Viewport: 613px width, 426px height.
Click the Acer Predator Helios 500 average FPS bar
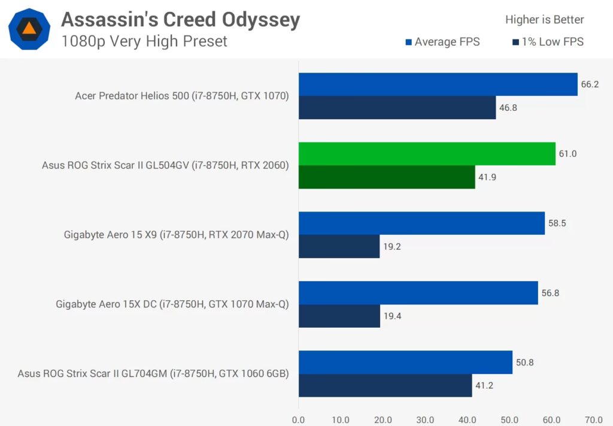click(x=438, y=84)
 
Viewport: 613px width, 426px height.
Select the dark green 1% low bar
click(x=387, y=177)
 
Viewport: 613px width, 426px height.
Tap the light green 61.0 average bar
click(x=427, y=154)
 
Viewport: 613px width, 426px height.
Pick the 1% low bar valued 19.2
click(x=339, y=246)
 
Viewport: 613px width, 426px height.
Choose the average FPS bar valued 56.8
click(x=418, y=293)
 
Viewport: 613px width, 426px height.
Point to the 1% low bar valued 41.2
click(x=385, y=385)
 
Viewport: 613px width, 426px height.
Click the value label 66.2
click(x=590, y=84)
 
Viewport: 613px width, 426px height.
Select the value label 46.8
click(x=508, y=108)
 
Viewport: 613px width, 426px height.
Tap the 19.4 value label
click(x=392, y=316)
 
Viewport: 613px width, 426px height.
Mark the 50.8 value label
click(x=524, y=362)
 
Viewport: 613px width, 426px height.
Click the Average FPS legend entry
click(x=442, y=42)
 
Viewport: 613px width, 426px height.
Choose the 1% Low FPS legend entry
click(x=548, y=42)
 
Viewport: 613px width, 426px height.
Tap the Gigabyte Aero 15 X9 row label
click(x=176, y=235)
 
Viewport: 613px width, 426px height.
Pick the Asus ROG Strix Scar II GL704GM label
click(x=153, y=374)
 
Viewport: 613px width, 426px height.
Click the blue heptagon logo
click(x=29, y=29)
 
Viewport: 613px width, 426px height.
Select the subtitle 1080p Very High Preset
click(x=144, y=41)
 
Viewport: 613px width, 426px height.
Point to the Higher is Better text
click(x=544, y=20)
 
